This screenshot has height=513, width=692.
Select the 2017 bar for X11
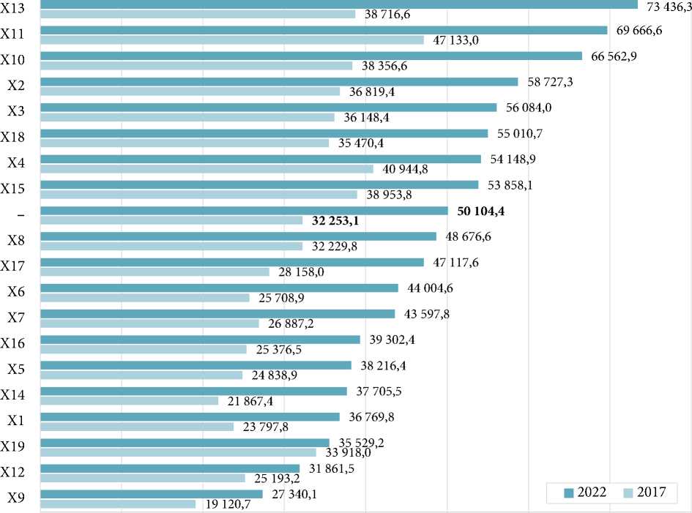[231, 40]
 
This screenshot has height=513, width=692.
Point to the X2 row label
[16, 85]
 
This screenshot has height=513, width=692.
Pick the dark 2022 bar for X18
[264, 133]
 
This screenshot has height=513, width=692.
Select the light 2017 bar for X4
[207, 169]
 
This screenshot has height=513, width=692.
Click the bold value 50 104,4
[481, 211]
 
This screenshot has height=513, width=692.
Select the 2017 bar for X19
[178, 452]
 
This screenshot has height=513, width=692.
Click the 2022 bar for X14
[193, 391]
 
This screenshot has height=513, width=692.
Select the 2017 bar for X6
[145, 298]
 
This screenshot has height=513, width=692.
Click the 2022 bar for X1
[190, 416]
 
